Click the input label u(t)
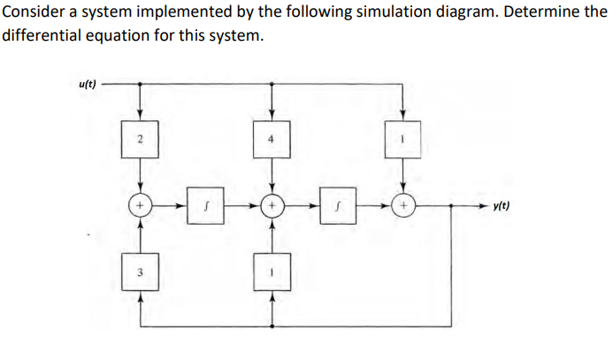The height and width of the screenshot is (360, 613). (87, 84)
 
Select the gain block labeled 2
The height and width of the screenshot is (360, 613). (140, 140)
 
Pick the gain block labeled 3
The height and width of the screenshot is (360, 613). (140, 272)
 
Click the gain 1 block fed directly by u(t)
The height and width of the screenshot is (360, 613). (403, 140)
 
